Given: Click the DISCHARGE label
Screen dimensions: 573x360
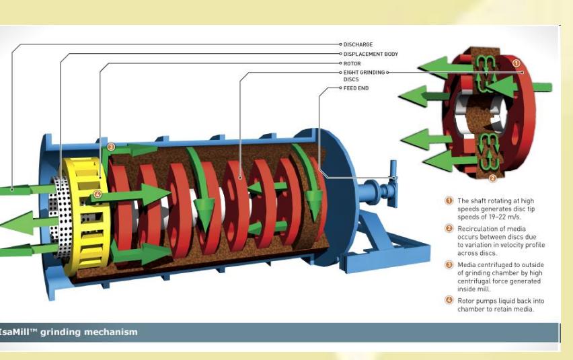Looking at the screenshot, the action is coord(358,44).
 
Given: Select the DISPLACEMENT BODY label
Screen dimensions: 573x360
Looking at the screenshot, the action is coord(371,54).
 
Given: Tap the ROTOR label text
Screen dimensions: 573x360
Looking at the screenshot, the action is coord(352,64).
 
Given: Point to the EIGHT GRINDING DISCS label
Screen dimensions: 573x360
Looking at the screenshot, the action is coord(364,76).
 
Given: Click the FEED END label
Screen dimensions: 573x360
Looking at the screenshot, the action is coord(356,88).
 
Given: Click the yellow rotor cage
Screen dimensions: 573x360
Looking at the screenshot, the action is coord(86,215).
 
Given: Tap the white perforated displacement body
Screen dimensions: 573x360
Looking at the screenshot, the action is coord(59,215).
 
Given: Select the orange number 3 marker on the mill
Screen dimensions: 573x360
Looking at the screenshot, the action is coord(111,147).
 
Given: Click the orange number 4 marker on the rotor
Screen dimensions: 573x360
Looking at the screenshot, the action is coord(98,194).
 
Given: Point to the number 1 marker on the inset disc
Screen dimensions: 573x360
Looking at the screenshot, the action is coord(517,63).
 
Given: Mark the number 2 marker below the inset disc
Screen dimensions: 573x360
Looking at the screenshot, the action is coord(492,178).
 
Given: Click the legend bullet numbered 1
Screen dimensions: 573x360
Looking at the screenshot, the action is coord(449,201).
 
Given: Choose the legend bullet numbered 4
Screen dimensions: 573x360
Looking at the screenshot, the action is coord(449,300).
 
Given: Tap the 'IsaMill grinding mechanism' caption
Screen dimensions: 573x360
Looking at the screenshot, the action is coord(69,332).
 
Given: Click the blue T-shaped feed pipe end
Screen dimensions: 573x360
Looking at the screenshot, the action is coord(393,183).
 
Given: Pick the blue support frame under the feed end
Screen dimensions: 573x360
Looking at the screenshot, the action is coord(387,245).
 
